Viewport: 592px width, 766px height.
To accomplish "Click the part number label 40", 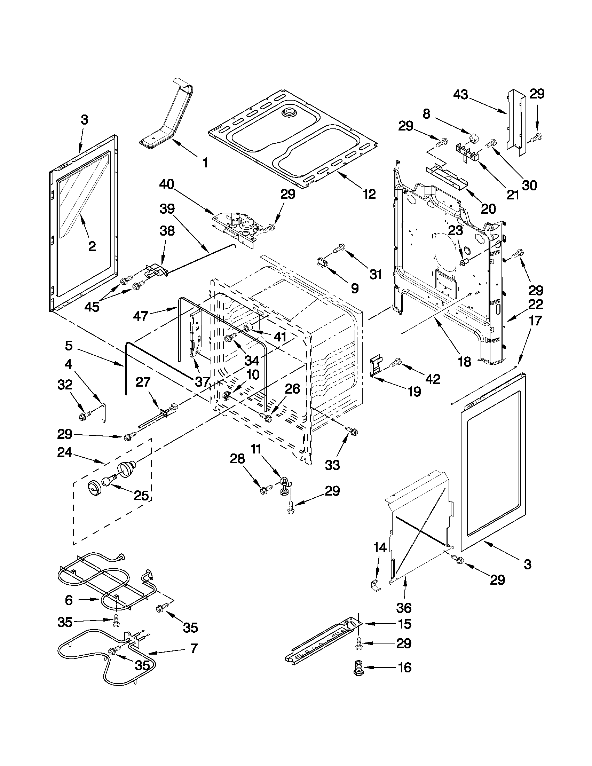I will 167,184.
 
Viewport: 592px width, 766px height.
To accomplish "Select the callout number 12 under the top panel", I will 369,194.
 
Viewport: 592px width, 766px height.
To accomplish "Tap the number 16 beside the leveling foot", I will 405,667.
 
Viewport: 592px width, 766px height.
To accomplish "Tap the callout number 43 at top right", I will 461,95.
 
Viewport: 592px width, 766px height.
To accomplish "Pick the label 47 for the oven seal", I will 142,316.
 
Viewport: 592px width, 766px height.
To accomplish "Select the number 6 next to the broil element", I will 69,600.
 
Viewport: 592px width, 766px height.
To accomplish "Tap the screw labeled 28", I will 266,489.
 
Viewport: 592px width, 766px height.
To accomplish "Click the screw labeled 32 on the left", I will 84,417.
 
